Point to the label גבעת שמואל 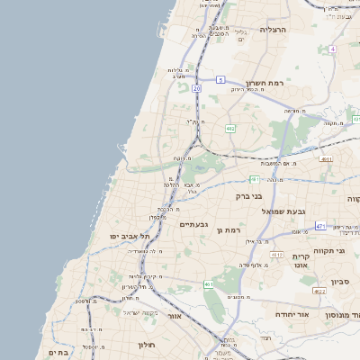click(x=266, y=211)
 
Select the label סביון click(x=339, y=282)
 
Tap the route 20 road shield click(x=196, y=89)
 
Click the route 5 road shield click(x=220, y=80)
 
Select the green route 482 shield click(x=231, y=129)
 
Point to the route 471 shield click(x=320, y=225)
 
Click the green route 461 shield click(x=209, y=284)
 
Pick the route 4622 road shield click(x=319, y=292)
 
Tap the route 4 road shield click(x=332, y=49)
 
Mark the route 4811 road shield click(x=326, y=159)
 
